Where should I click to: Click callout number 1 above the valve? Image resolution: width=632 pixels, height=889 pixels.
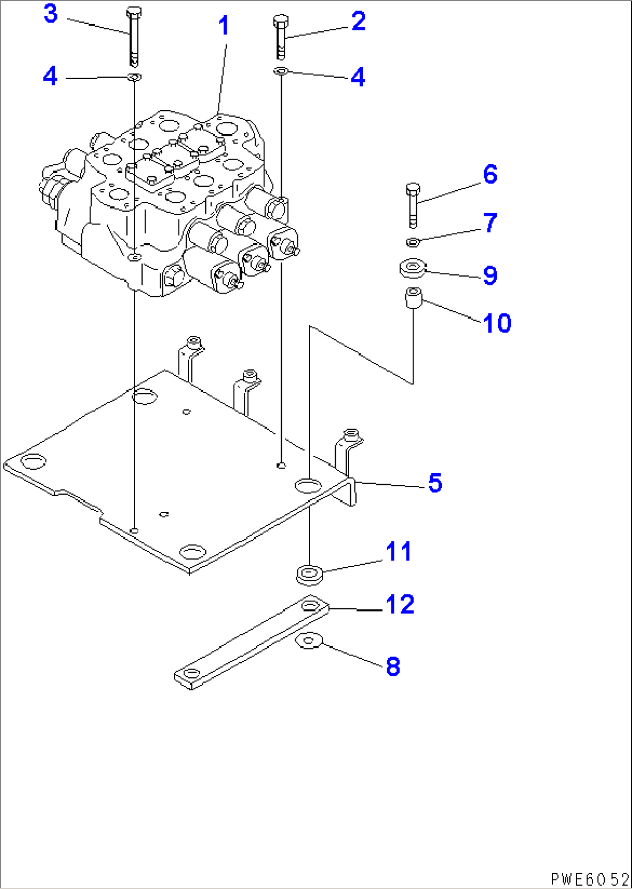coord(224,26)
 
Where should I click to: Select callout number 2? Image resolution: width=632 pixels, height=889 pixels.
coord(358,21)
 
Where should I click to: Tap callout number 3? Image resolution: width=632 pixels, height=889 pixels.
coord(51,14)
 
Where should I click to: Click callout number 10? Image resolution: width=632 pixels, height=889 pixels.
coord(497,322)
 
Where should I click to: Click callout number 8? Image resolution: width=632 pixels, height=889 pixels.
coord(393,666)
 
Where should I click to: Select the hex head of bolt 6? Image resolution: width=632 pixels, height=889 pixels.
coord(413,188)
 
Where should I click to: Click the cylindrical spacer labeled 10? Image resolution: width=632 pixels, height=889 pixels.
coord(413,297)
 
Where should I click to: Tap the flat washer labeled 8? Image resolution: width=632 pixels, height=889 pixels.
coord(310,641)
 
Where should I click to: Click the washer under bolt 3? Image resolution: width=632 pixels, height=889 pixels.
coord(135,77)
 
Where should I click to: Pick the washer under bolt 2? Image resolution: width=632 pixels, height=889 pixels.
coord(281,71)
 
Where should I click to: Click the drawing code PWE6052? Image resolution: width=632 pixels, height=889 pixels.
coord(590,879)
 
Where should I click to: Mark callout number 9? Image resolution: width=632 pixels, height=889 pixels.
coord(491,275)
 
